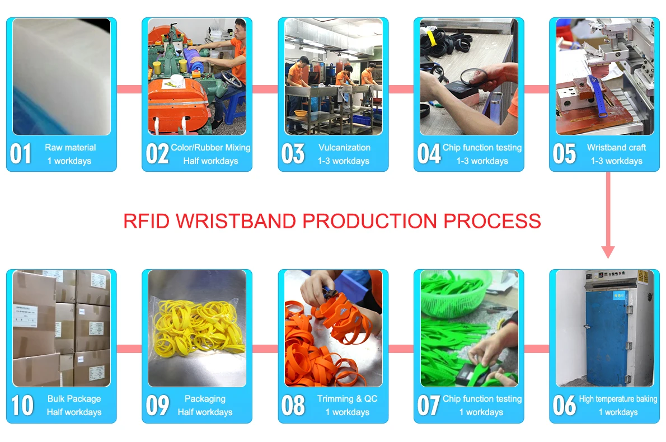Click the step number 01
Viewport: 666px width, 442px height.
(x=21, y=154)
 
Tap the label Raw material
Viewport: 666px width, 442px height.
(x=71, y=147)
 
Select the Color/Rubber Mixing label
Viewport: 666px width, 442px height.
(x=210, y=147)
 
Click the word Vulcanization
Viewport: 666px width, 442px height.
(x=344, y=147)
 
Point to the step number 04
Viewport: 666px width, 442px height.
(x=429, y=154)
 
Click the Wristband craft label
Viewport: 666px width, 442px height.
(x=616, y=147)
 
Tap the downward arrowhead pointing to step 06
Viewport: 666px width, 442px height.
(x=608, y=252)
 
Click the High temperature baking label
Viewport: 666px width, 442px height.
(x=618, y=399)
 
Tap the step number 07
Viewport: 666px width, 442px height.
(x=429, y=406)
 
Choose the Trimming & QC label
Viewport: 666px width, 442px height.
(x=348, y=399)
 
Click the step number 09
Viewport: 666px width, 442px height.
(x=158, y=406)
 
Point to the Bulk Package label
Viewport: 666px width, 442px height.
(x=74, y=399)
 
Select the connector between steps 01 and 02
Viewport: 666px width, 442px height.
(x=129, y=89)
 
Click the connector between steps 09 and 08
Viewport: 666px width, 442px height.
(x=265, y=349)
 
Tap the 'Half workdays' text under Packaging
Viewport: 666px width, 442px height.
(x=205, y=412)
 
